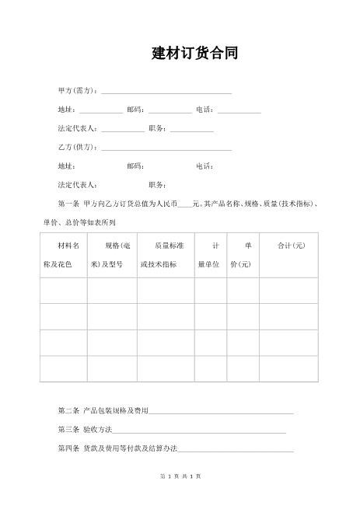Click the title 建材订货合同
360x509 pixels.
click(194, 53)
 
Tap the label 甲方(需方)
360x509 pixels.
click(78, 92)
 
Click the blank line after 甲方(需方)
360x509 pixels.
click(166, 92)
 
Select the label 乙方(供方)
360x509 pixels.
click(78, 147)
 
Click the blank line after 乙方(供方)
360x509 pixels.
click(166, 148)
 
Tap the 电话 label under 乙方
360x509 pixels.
click(205, 166)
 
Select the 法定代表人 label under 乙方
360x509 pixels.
click(77, 185)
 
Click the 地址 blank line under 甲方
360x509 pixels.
click(100, 111)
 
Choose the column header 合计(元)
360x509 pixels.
click(292, 246)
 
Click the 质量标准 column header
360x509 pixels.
click(166, 255)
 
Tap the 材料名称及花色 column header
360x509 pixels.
click(63, 255)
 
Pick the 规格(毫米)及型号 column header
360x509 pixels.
click(112, 255)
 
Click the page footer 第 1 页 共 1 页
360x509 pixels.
click(180, 476)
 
